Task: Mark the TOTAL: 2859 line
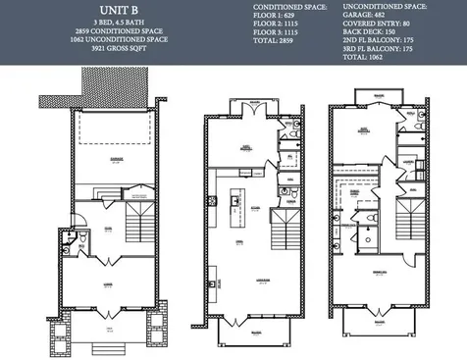pyautogui.click(x=276, y=42)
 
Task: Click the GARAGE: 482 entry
pyautogui.click(x=378, y=16)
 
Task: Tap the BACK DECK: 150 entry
pyautogui.click(x=382, y=33)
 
